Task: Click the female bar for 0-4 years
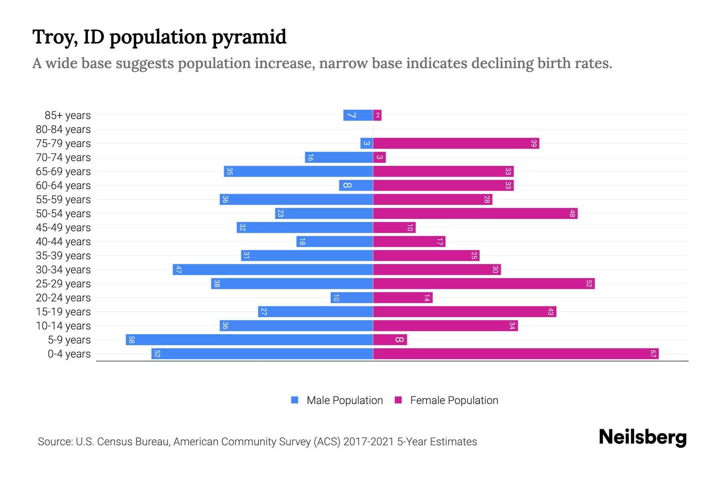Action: click(x=516, y=354)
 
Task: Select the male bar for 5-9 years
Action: click(x=249, y=340)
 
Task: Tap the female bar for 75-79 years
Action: click(x=456, y=143)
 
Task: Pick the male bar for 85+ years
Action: click(x=358, y=115)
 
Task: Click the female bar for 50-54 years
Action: click(x=475, y=213)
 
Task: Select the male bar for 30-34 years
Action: click(x=273, y=269)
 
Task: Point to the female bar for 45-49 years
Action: click(x=395, y=227)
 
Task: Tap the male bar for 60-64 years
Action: click(x=356, y=185)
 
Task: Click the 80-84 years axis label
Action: click(x=63, y=129)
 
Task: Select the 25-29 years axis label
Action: click(x=63, y=284)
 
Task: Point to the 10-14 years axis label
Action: click(x=63, y=326)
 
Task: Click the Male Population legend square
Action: click(x=295, y=400)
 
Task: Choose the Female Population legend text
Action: click(x=454, y=400)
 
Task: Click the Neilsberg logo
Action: click(x=642, y=437)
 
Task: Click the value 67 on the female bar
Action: click(x=653, y=354)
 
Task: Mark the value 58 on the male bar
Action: click(x=131, y=340)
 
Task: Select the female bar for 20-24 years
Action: click(x=403, y=297)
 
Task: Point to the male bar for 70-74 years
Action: click(x=339, y=157)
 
